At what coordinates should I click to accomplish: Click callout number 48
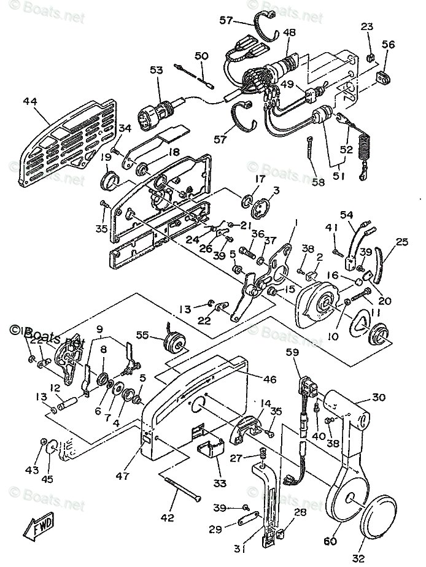[289, 33]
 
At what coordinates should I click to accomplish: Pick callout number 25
[402, 243]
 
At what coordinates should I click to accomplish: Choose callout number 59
[292, 353]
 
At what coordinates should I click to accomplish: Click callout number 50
[201, 56]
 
